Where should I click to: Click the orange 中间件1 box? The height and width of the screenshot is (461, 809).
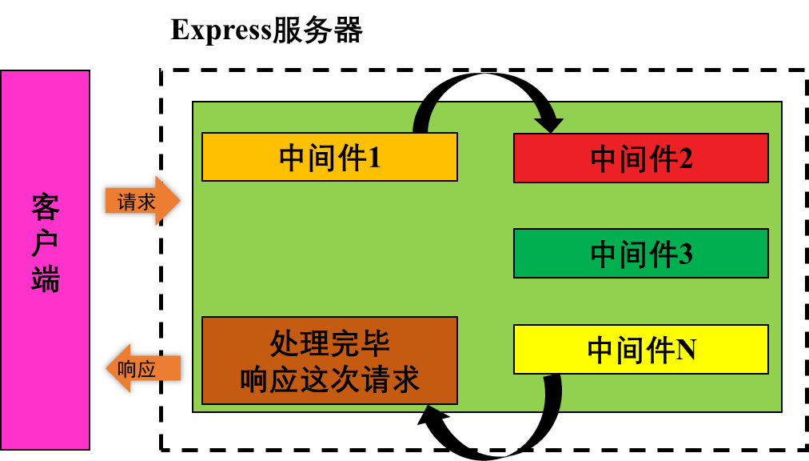click(x=329, y=157)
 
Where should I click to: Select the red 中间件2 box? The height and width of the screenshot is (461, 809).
click(x=640, y=158)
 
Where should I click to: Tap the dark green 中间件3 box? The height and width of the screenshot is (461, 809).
click(x=640, y=254)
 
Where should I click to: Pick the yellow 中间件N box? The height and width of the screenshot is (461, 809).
click(x=640, y=350)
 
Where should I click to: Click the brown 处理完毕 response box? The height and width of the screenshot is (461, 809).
click(x=329, y=360)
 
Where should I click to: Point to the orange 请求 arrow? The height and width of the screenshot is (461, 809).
click(x=142, y=200)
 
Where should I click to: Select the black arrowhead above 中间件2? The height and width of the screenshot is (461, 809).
click(x=548, y=124)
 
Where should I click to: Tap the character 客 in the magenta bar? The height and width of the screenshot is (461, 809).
click(x=46, y=206)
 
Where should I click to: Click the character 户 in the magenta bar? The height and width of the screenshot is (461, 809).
click(x=46, y=243)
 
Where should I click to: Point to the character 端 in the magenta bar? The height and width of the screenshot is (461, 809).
click(x=46, y=279)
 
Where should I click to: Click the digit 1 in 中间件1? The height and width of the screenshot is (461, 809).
click(x=374, y=158)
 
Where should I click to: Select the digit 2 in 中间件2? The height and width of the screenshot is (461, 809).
click(x=685, y=159)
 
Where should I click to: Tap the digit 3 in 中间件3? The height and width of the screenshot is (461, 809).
click(x=685, y=255)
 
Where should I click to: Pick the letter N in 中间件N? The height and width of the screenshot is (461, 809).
click(x=686, y=350)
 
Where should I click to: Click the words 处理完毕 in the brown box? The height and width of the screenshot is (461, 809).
click(x=329, y=343)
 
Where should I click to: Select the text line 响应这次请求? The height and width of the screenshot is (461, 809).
click(x=329, y=379)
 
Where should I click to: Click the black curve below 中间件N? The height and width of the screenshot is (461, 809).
click(x=552, y=393)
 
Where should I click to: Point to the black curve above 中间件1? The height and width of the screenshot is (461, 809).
click(x=420, y=118)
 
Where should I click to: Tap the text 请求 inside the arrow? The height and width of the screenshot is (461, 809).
click(x=136, y=202)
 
